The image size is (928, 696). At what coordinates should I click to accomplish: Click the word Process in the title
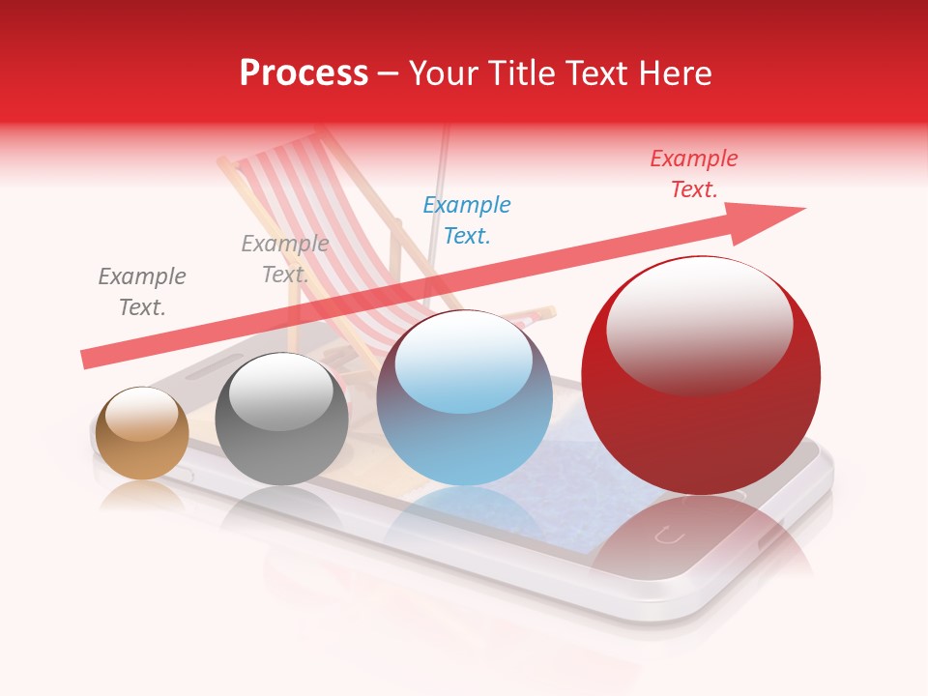(x=304, y=73)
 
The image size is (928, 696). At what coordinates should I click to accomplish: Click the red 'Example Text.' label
(x=693, y=174)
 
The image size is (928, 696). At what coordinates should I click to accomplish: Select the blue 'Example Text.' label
(x=467, y=220)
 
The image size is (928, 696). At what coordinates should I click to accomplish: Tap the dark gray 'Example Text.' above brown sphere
(x=142, y=292)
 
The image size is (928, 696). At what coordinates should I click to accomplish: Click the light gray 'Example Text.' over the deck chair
(x=284, y=259)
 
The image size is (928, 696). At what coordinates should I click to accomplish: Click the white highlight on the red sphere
(x=699, y=324)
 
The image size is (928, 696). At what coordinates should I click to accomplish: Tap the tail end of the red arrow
(x=92, y=358)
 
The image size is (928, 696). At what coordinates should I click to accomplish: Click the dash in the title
(x=388, y=73)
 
